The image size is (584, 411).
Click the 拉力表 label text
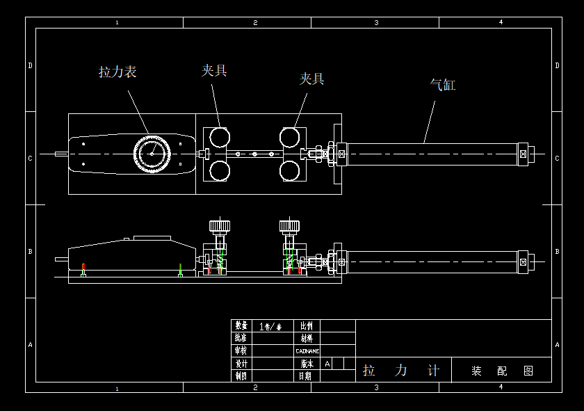coord(117,72)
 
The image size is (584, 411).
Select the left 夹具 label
coord(214,70)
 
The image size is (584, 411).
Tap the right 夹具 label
coord(311,79)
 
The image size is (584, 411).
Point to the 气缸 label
coord(443,86)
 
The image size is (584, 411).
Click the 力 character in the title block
coord(401,371)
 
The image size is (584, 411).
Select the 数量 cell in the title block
coord(241,325)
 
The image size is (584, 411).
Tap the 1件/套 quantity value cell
coord(270,325)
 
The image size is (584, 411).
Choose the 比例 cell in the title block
coord(307,325)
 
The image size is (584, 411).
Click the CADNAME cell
coord(307,350)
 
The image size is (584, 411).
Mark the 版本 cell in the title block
coord(307,363)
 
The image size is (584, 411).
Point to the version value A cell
coord(327,363)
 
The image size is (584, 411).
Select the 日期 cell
coord(307,376)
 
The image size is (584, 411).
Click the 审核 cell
coord(241,350)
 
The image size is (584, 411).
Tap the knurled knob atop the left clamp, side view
coord(220,226)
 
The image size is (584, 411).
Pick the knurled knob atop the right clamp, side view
coord(290,226)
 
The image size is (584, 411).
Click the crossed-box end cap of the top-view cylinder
coord(524,154)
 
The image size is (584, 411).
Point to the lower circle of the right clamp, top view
coord(291,170)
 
